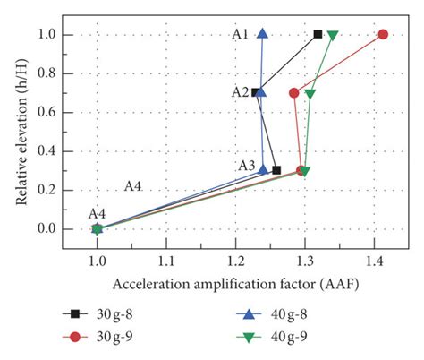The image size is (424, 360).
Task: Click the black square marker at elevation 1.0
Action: (318, 34)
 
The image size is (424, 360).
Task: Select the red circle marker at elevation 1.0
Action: (383, 34)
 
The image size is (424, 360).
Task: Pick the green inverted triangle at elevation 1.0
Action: (333, 36)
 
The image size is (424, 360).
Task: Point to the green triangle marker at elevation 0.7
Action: (310, 93)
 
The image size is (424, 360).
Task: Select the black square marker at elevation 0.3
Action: (276, 170)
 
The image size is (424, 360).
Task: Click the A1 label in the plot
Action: (240, 34)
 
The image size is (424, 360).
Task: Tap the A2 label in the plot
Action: (240, 91)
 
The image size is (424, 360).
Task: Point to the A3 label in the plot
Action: (246, 166)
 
